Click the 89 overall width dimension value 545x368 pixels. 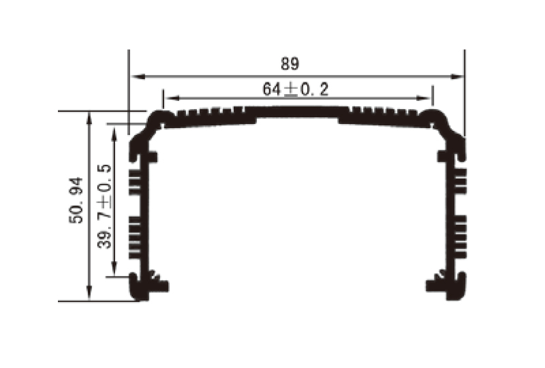[x=290, y=64]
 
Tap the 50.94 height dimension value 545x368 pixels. [x=76, y=200]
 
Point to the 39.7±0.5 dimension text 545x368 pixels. [x=104, y=206]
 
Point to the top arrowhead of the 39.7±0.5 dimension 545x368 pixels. [x=115, y=131]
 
